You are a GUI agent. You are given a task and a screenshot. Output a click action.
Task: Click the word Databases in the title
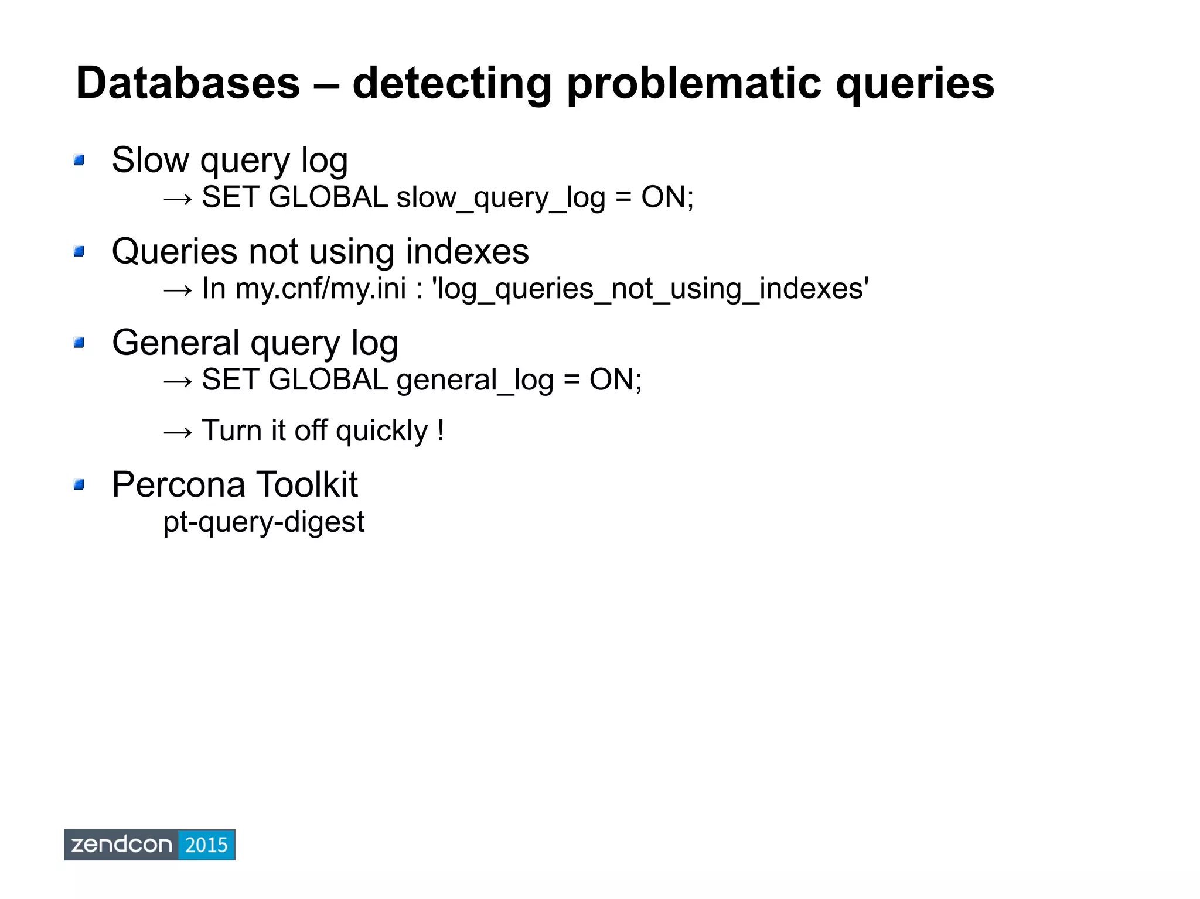point(187,83)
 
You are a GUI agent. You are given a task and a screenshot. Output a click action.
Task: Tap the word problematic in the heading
point(695,83)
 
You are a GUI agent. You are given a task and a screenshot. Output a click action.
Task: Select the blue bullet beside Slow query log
point(80,160)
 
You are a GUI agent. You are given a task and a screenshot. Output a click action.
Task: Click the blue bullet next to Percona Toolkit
point(80,485)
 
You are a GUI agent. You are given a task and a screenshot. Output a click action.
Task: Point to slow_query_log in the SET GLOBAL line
point(500,197)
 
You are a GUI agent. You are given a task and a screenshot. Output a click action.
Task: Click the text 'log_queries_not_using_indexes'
point(649,289)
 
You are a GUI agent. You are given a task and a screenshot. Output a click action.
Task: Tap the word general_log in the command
point(475,380)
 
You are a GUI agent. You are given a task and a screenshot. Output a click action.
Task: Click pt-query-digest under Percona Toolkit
point(264,522)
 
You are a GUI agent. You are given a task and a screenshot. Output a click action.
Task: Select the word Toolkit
point(306,485)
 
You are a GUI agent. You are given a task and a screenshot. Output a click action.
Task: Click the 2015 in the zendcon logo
point(206,845)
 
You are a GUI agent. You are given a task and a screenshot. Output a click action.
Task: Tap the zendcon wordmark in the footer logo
point(121,845)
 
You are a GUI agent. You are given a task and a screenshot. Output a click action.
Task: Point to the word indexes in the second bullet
point(466,252)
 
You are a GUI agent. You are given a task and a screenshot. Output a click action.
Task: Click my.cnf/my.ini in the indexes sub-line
point(321,289)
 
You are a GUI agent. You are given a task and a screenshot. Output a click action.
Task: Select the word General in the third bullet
point(175,343)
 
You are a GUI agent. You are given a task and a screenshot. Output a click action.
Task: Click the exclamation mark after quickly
point(441,430)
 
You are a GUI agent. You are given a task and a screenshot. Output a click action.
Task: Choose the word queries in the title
point(914,83)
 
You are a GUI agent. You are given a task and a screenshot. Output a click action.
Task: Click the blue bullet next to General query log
point(80,343)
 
